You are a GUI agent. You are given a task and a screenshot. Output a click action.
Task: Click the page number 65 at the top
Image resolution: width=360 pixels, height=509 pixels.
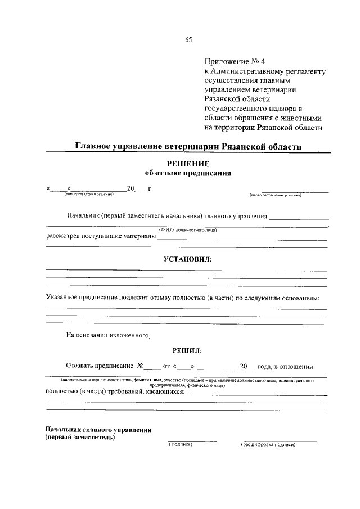point(188,39)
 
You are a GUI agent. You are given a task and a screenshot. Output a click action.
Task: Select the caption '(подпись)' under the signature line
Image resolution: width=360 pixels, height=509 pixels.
point(181,444)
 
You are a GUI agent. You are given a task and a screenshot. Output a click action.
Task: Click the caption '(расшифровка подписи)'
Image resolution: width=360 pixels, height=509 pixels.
point(268,444)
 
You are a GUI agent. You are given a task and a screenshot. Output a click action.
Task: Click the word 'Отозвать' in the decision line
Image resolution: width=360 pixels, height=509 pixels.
point(83,367)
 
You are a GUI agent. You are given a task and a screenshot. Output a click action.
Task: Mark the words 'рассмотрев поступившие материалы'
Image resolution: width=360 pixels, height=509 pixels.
point(100,236)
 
